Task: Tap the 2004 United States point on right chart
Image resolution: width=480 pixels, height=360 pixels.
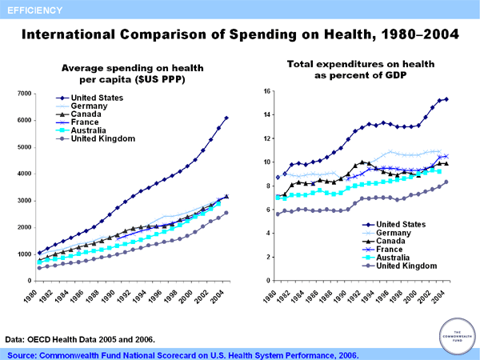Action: coord(446,99)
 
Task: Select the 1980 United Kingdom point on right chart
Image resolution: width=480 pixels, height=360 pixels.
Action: coord(278,214)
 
